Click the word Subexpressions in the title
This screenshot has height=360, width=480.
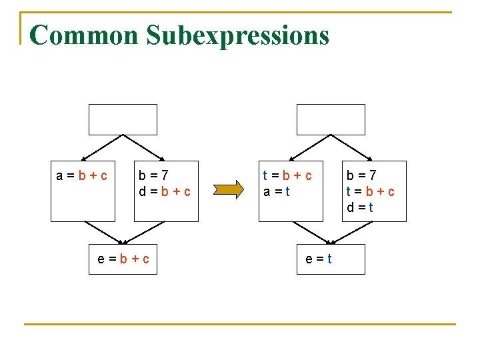point(238,35)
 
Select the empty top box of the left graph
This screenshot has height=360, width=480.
point(123,119)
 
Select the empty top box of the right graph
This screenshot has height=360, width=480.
point(331,119)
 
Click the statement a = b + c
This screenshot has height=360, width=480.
point(83,176)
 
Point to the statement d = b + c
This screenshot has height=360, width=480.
point(165,192)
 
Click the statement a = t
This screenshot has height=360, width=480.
point(276,192)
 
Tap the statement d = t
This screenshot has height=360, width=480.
point(359,207)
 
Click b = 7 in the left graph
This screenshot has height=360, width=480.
point(153,176)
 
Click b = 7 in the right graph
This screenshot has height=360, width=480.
point(361,176)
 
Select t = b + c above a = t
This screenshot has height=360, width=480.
point(287,176)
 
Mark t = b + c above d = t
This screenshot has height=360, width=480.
point(369,192)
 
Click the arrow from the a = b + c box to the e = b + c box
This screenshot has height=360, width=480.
point(103,233)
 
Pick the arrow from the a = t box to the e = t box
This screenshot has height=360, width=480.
point(311,233)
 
